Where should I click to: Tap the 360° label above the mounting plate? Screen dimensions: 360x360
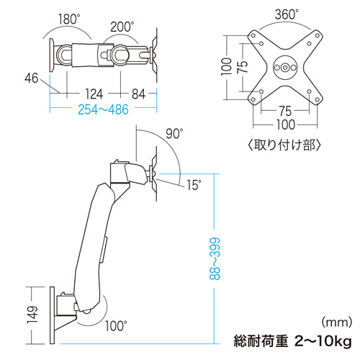pyautogui.click(x=286, y=13)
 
